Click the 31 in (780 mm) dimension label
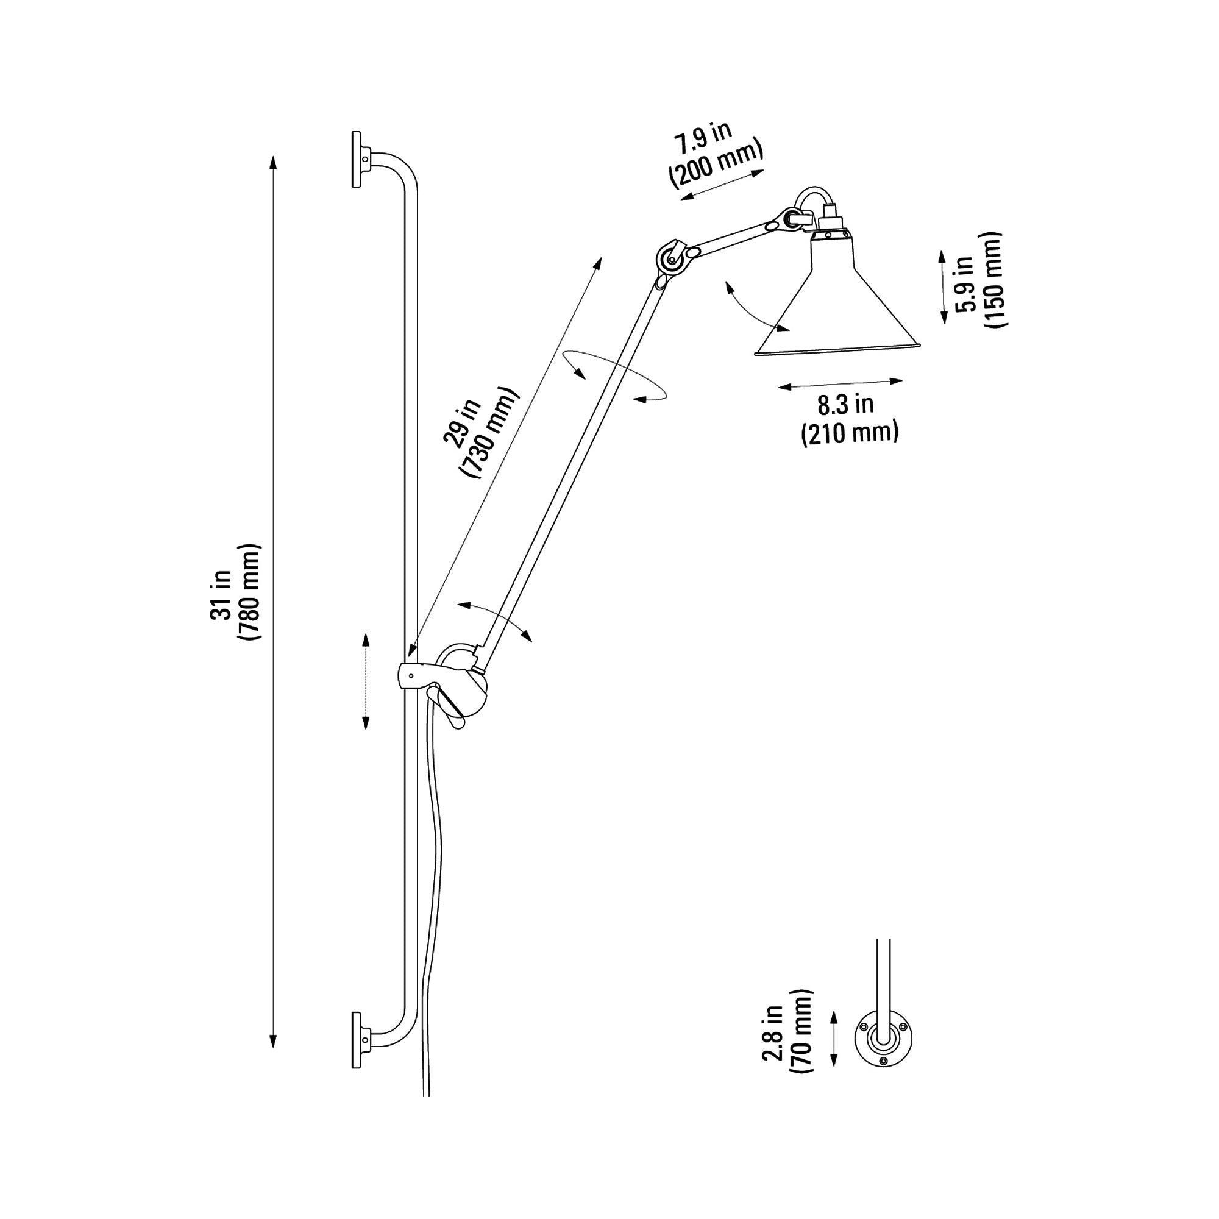pos(235,592)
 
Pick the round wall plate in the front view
pos(883,1041)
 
